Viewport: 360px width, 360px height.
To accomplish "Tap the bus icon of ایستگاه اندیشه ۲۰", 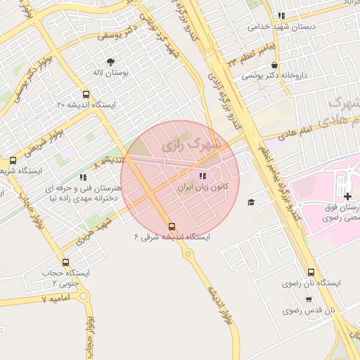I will [x=86, y=94].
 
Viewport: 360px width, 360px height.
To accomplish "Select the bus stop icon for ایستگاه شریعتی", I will [x=12, y=160].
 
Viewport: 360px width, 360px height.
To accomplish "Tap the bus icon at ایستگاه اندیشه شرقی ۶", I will [x=172, y=226].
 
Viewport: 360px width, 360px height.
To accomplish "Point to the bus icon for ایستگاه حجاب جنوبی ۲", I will [x=65, y=262].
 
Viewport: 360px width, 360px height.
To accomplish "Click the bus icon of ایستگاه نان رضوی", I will [x=311, y=272].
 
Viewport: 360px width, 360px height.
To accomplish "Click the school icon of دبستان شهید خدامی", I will [x=281, y=15].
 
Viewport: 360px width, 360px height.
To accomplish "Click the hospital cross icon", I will [x=348, y=195].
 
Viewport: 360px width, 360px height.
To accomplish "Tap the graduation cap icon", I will [x=251, y=202].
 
